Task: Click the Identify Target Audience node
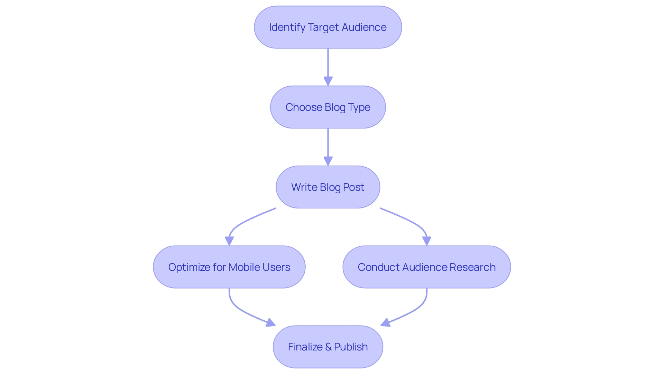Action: [328, 27]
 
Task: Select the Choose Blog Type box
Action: [328, 107]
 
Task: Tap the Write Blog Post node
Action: [328, 187]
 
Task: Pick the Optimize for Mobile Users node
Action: [229, 267]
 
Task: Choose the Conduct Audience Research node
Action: [426, 267]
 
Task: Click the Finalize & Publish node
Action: [328, 347]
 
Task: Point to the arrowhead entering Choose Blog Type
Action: [328, 81]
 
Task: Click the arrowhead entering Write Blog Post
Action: [328, 161]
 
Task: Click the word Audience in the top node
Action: [364, 27]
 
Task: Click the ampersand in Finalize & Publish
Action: [328, 347]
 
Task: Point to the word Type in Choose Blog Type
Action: [359, 107]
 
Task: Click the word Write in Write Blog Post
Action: [304, 187]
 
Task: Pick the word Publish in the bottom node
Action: [351, 347]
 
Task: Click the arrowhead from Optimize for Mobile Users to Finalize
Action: [271, 323]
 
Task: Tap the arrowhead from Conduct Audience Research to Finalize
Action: [385, 323]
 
